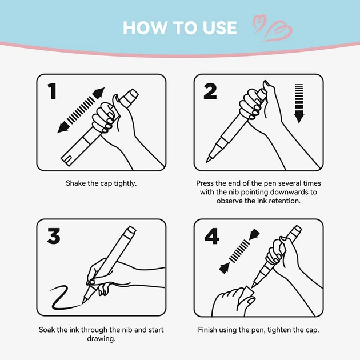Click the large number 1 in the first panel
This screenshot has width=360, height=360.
coord(53,91)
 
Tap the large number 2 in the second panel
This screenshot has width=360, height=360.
coord(210,91)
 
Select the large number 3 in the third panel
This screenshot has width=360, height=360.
coord(54,236)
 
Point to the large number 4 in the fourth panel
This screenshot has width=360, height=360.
coord(211,236)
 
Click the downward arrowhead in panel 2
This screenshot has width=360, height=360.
coord(299,117)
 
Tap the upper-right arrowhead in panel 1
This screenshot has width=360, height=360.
coord(99,93)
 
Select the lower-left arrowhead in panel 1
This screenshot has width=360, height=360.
coord(63,127)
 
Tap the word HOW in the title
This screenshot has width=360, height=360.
coord(145,28)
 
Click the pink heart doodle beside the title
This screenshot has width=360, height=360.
coord(273,27)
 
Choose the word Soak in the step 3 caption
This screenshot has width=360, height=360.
coord(47,330)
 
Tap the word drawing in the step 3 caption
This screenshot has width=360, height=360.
coord(101,339)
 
